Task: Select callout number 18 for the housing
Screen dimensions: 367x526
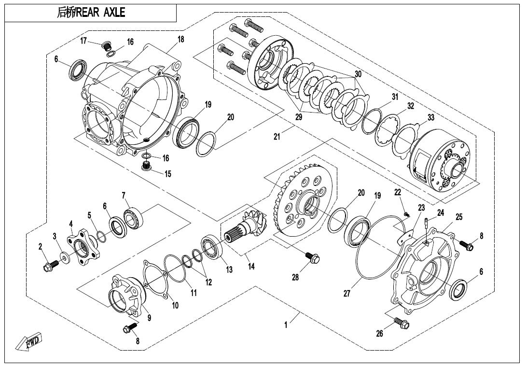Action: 180,40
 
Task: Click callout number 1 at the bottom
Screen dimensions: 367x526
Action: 286,325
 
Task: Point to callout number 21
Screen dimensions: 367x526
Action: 277,137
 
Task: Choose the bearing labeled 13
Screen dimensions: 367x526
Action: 211,247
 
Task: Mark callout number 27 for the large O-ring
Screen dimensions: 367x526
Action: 346,293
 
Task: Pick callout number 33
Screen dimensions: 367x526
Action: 431,117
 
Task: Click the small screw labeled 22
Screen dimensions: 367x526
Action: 406,213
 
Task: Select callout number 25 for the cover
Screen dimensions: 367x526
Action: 458,217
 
